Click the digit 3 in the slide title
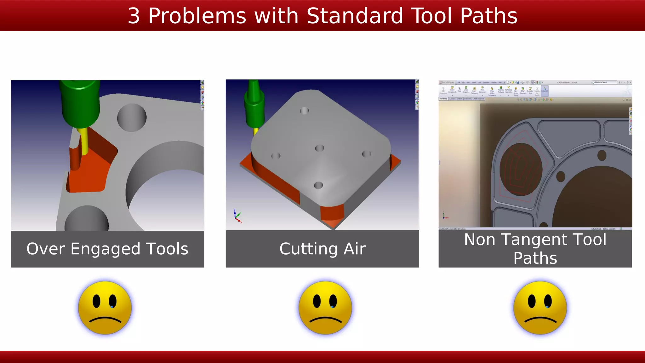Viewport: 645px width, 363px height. pyautogui.click(x=134, y=16)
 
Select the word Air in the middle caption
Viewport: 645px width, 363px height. pyautogui.click(x=354, y=249)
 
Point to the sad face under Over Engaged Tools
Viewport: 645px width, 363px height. pyautogui.click(x=105, y=308)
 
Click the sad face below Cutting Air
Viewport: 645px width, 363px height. pyautogui.click(x=325, y=308)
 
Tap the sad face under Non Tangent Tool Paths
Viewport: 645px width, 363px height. pyautogui.click(x=540, y=308)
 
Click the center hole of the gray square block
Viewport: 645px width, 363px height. pyautogui.click(x=319, y=148)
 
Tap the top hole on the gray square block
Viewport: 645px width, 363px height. pyautogui.click(x=304, y=111)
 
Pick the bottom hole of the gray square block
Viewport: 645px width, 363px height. pyautogui.click(x=318, y=185)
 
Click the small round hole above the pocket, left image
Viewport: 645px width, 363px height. pyautogui.click(x=132, y=118)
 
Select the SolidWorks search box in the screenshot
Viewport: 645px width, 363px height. pyautogui.click(x=605, y=82)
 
